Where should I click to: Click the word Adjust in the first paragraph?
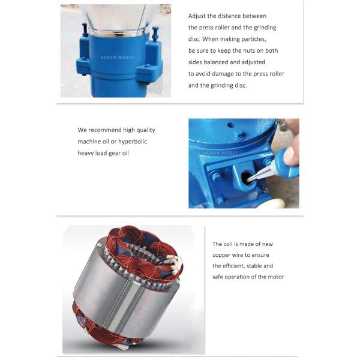pyautogui.click(x=197, y=16)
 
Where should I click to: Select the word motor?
pyautogui.click(x=275, y=277)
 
